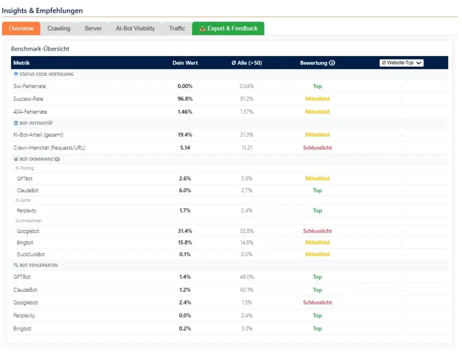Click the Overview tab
click(x=21, y=28)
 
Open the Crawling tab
click(x=59, y=28)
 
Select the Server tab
click(x=93, y=28)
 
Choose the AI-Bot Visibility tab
click(x=135, y=28)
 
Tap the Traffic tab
click(x=177, y=28)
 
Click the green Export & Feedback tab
click(x=228, y=28)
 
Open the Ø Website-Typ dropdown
click(x=401, y=63)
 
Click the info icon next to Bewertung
click(x=333, y=63)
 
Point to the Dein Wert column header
click(x=185, y=63)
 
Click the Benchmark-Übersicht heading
click(x=40, y=49)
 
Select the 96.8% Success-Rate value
click(x=185, y=99)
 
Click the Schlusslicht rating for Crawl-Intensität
click(x=317, y=148)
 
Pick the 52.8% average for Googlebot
click(x=246, y=231)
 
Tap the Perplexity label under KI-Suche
click(x=27, y=211)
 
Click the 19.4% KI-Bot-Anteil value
click(x=185, y=134)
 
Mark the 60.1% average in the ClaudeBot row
click(x=246, y=290)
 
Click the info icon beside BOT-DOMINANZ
click(x=57, y=159)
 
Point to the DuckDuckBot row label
click(x=31, y=254)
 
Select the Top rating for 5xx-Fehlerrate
click(x=317, y=86)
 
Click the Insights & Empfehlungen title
click(x=42, y=10)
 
